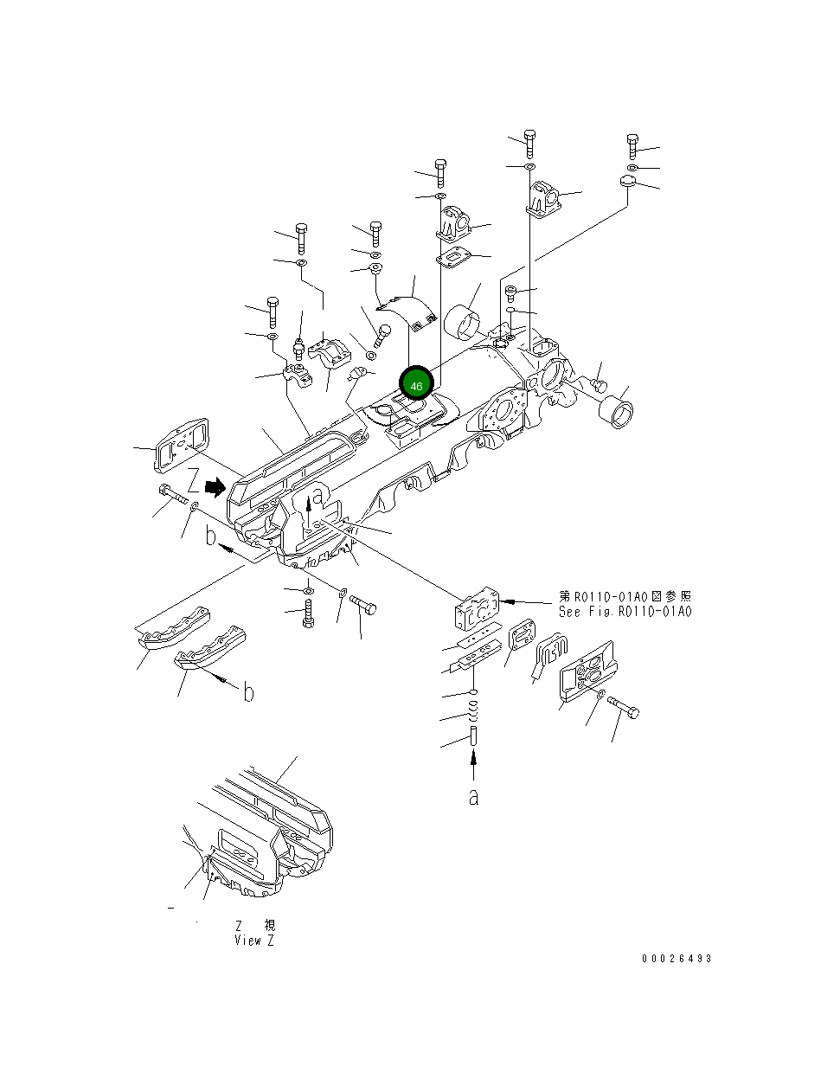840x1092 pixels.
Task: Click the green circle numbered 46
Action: [416, 385]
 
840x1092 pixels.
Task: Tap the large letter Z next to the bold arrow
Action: [195, 481]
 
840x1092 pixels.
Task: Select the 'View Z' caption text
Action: [254, 940]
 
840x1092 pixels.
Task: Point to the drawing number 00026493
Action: [676, 959]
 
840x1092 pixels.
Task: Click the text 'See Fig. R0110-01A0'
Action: [625, 612]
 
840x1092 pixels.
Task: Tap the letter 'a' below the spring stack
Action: [473, 797]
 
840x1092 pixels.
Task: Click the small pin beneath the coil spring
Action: [473, 738]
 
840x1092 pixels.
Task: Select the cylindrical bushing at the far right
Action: [615, 410]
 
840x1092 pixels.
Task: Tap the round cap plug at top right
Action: [628, 183]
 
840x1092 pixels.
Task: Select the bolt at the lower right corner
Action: [624, 707]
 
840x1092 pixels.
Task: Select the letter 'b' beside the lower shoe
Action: [247, 693]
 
